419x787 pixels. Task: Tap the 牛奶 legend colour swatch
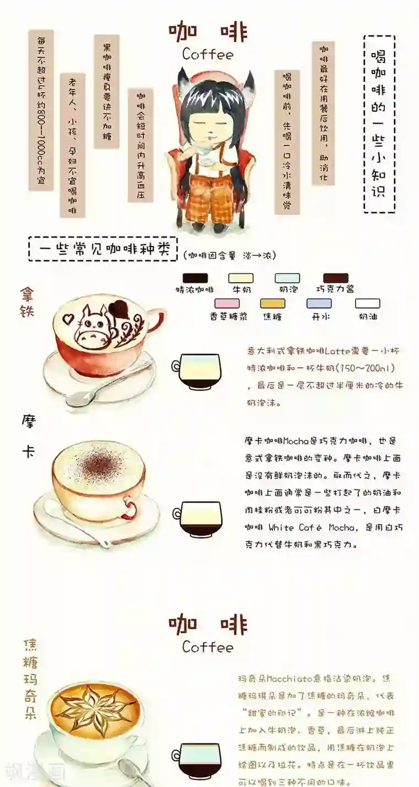(241, 278)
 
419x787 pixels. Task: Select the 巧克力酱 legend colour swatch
(336, 278)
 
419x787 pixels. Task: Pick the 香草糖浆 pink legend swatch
(227, 303)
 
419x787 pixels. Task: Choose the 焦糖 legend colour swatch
(272, 303)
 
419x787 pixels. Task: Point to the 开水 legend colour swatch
(319, 303)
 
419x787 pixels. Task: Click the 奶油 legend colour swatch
(367, 303)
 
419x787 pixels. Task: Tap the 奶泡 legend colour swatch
(288, 278)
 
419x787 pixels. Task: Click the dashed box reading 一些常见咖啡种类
(103, 249)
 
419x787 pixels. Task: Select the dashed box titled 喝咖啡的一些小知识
(379, 124)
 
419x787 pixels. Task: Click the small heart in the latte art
(68, 319)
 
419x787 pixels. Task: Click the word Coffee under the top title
(207, 54)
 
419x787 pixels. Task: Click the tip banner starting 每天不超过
(41, 110)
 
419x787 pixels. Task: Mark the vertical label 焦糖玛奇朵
(30, 679)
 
